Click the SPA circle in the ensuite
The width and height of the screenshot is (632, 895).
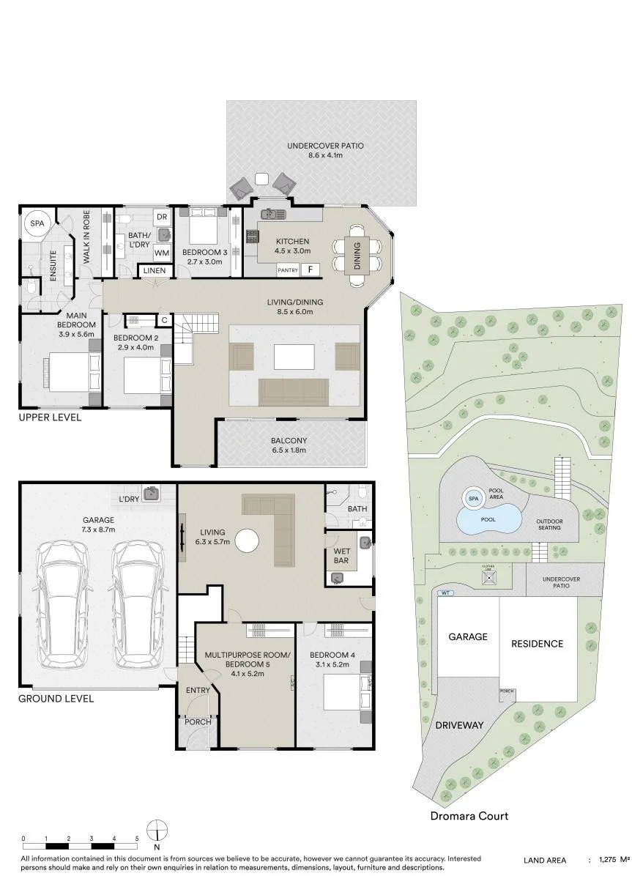point(37,223)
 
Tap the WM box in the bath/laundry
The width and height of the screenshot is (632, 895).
point(162,253)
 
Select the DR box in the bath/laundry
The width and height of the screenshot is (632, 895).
point(162,217)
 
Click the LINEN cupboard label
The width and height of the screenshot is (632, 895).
point(155,270)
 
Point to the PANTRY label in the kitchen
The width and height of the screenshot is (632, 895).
point(288,270)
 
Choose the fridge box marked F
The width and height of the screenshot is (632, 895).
point(311,270)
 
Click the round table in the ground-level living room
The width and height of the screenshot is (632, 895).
point(247,541)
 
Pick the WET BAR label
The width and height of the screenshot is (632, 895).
point(341,556)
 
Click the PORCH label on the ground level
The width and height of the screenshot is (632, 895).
point(198,722)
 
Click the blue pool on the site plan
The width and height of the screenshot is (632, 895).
point(489,519)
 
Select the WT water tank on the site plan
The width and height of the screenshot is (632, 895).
point(445,593)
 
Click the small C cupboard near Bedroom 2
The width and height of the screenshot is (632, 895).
point(164,320)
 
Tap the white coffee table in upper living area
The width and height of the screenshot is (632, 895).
point(294,357)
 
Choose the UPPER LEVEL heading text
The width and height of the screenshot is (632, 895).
point(50,417)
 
